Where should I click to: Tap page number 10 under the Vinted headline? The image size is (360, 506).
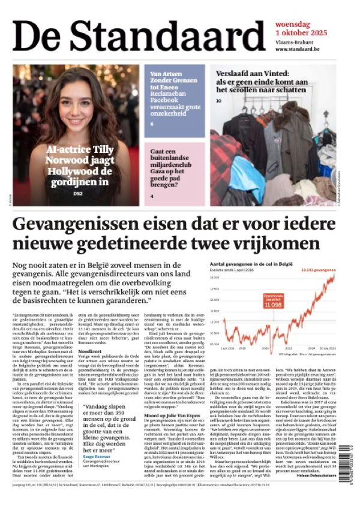[218, 101]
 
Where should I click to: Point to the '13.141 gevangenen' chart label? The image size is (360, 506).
[319, 270]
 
